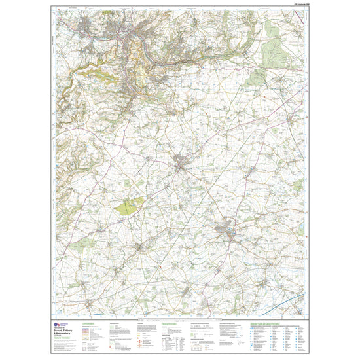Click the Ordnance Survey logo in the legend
coord(59,323)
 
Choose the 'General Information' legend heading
coord(170,323)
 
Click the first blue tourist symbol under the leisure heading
coord(251,327)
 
